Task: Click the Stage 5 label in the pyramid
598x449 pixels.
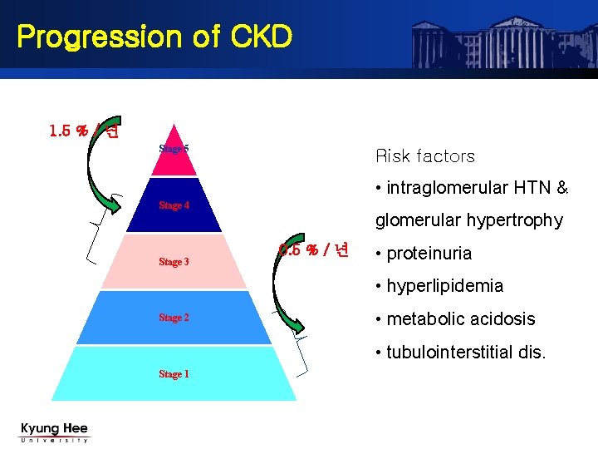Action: [x=174, y=149]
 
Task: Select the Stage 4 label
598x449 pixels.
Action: [x=174, y=205]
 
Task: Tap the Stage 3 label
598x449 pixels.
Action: [x=174, y=262]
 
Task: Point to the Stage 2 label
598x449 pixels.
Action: [x=174, y=318]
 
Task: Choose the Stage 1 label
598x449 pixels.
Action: [x=174, y=374]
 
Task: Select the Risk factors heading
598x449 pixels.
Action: [x=425, y=156]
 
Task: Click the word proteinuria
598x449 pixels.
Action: [x=429, y=254]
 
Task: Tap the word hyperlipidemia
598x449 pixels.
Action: [x=444, y=286]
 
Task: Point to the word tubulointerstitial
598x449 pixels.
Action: [x=450, y=352]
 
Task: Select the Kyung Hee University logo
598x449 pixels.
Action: [x=54, y=432]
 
